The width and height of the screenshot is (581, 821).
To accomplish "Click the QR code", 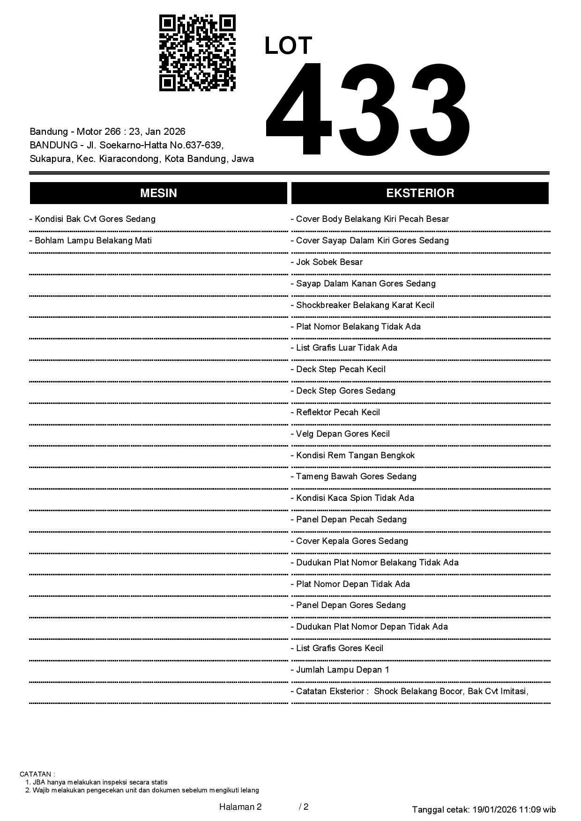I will tap(197, 53).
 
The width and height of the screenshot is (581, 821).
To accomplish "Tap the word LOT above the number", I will tap(288, 46).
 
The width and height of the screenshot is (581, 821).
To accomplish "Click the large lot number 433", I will tap(368, 109).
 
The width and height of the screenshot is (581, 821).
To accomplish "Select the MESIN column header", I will tap(158, 193).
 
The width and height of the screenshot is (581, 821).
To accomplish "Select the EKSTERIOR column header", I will tap(420, 193).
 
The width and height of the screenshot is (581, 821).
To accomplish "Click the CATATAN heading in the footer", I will tap(37, 774).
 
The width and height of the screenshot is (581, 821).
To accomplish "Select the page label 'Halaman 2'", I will tap(240, 807).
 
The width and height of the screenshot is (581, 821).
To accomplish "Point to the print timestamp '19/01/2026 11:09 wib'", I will tap(514, 809).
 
